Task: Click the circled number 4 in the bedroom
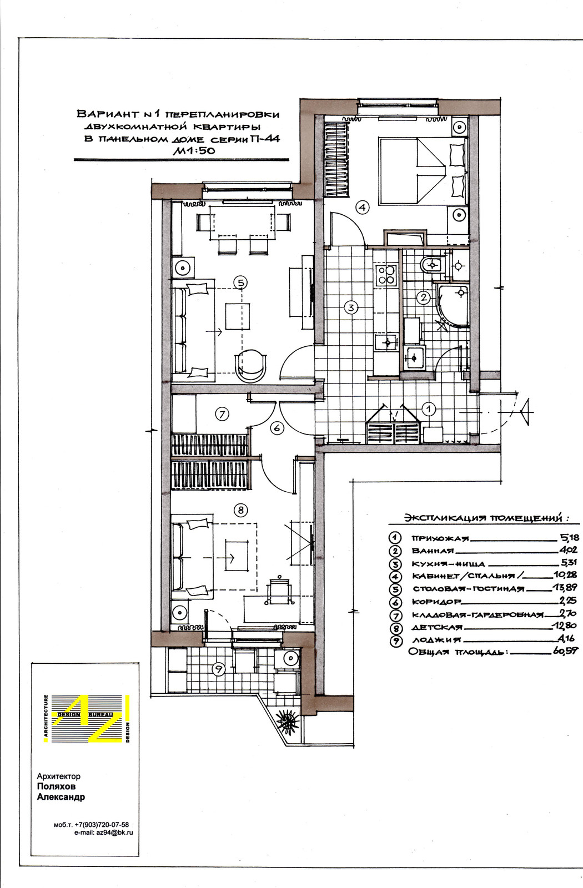[363, 207]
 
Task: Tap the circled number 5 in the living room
[240, 282]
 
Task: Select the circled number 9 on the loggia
[218, 669]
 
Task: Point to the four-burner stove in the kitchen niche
[386, 274]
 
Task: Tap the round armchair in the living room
[250, 364]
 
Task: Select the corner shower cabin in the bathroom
[453, 304]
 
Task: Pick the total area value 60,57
[565, 651]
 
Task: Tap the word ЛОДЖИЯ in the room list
[436, 640]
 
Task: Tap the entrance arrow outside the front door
[526, 412]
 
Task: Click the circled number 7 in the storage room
[222, 414]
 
